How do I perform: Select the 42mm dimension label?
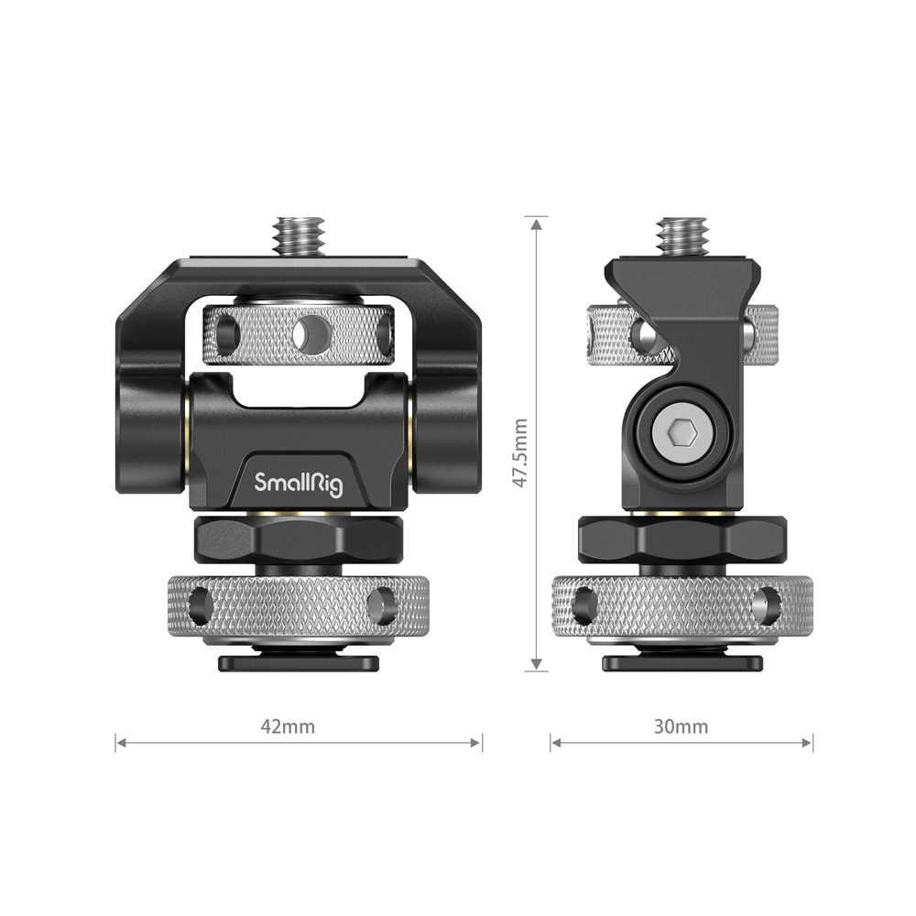[288, 726]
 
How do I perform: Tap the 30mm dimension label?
[681, 726]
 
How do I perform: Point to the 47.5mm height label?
[519, 453]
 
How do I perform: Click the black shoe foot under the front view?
[299, 662]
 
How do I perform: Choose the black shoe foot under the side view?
[682, 662]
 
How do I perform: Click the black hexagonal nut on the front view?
[299, 540]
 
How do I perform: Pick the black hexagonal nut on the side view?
[682, 540]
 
